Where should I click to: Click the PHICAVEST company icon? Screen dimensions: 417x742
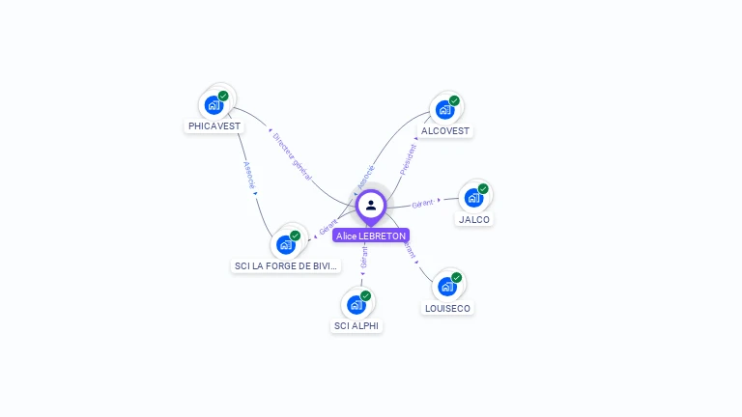214,104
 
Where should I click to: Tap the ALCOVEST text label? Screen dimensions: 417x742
445,130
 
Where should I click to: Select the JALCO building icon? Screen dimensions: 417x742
473,198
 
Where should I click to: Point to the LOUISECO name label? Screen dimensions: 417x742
447,308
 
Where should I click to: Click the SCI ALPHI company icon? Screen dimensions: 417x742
356,305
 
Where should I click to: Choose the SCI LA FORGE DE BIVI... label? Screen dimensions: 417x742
286,265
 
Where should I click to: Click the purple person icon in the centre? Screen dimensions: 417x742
371,205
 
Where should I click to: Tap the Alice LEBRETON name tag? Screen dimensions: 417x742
371,236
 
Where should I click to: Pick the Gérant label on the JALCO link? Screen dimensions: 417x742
422,204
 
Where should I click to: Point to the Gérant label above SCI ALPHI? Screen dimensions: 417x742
363,258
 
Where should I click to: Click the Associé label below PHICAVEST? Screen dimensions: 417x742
249,175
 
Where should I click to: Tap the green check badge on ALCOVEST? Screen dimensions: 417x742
454,100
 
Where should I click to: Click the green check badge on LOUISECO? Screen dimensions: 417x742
456,278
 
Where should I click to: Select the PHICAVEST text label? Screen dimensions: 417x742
214,125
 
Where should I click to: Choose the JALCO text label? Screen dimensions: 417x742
474,219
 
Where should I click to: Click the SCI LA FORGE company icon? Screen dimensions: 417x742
286,244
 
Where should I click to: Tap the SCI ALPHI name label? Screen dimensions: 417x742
357,326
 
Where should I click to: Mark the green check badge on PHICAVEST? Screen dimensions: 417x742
223,96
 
